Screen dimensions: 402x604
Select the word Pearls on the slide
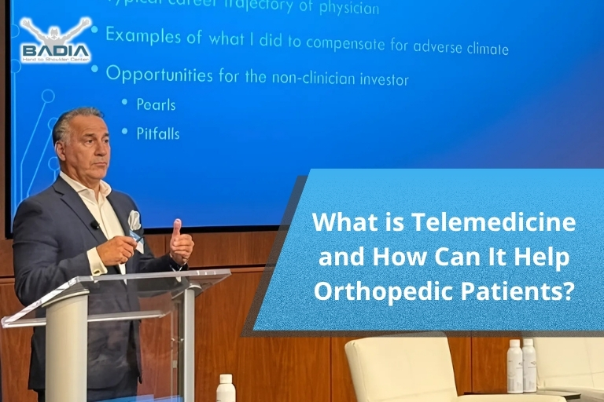(156, 104)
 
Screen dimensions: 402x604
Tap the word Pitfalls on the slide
(157, 133)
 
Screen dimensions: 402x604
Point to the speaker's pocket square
(134, 221)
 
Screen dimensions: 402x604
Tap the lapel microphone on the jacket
(95, 225)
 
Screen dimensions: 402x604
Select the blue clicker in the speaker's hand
(134, 236)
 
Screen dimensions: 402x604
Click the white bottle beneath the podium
(226, 388)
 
